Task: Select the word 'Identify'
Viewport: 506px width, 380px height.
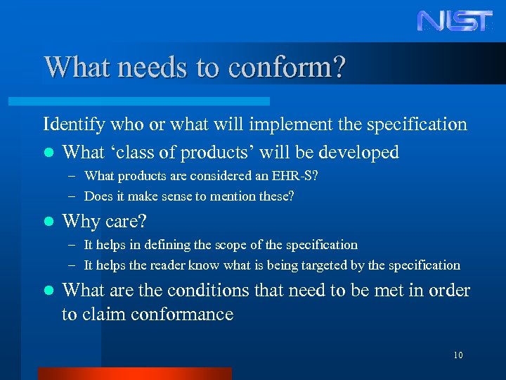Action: tap(74, 125)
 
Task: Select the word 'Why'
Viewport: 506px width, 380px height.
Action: tap(79, 221)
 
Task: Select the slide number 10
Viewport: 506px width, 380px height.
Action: tap(458, 355)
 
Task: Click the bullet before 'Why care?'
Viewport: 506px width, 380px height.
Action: tap(47, 222)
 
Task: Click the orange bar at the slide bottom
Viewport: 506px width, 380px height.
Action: tap(134, 374)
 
